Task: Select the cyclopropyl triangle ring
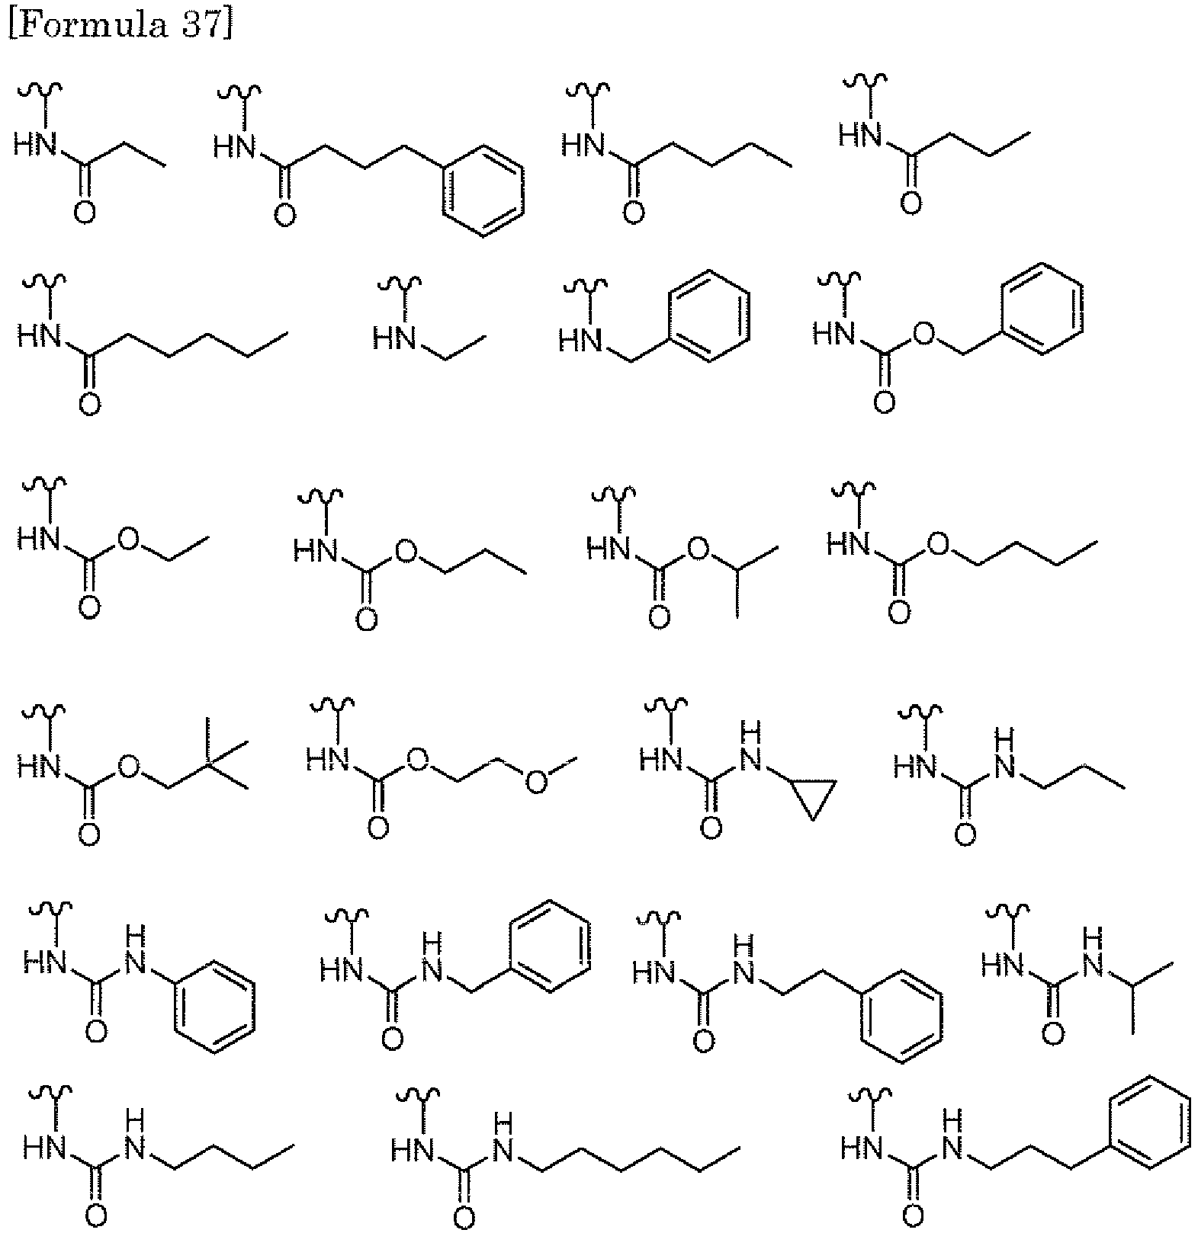813,796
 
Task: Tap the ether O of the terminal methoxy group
537,782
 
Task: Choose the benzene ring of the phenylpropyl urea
1149,1122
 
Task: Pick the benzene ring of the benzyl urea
551,946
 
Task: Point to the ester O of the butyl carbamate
937,544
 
